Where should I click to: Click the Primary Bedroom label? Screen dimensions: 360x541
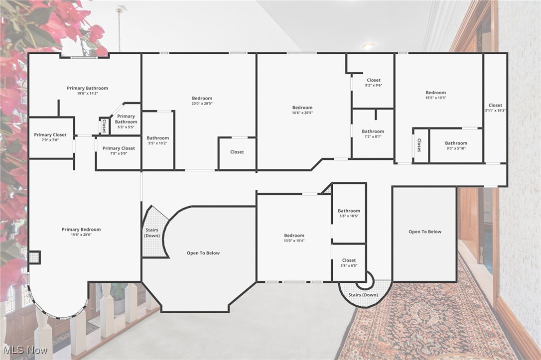click(81, 230)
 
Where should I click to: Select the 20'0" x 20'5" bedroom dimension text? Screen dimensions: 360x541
click(202, 104)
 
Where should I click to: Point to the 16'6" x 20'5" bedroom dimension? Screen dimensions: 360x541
click(302, 113)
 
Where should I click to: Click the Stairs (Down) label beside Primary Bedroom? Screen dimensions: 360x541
click(152, 233)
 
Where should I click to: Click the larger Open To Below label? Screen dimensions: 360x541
click(203, 253)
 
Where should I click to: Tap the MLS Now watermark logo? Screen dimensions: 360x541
click(25, 350)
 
